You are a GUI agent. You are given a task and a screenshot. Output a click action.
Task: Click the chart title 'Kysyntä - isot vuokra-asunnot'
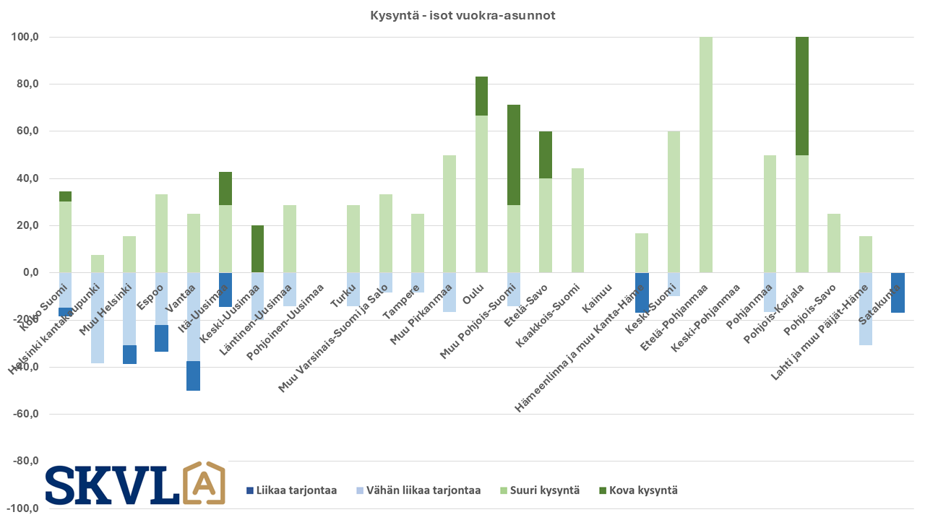click(x=462, y=15)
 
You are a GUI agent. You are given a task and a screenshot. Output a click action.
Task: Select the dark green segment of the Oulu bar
click(x=482, y=96)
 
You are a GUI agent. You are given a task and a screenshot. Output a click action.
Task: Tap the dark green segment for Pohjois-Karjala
click(x=802, y=96)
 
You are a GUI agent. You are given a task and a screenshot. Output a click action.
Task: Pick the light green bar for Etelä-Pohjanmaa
click(x=706, y=155)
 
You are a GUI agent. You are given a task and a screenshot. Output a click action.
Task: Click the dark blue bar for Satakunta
click(x=898, y=292)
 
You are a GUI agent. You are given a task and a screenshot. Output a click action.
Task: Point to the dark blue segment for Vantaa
click(x=194, y=376)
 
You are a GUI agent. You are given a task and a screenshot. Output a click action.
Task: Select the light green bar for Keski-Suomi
click(x=674, y=201)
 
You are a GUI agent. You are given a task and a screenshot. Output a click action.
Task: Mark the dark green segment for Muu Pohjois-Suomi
click(x=514, y=155)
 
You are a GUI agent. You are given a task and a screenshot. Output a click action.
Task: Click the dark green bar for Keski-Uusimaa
click(x=258, y=248)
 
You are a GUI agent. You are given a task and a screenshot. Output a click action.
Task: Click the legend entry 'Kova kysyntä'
click(x=637, y=490)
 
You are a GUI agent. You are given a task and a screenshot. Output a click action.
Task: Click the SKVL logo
click(x=134, y=484)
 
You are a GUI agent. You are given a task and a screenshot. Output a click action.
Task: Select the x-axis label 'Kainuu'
click(x=598, y=298)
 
